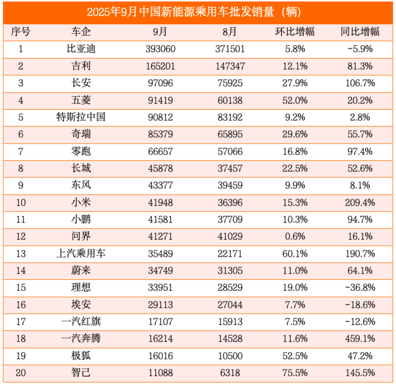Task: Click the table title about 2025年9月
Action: click(198, 12)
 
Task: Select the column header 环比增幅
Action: click(294, 31)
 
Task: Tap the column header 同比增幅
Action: click(360, 31)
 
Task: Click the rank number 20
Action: click(20, 373)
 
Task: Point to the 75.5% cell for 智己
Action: click(294, 373)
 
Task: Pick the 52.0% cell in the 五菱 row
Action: click(294, 100)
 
